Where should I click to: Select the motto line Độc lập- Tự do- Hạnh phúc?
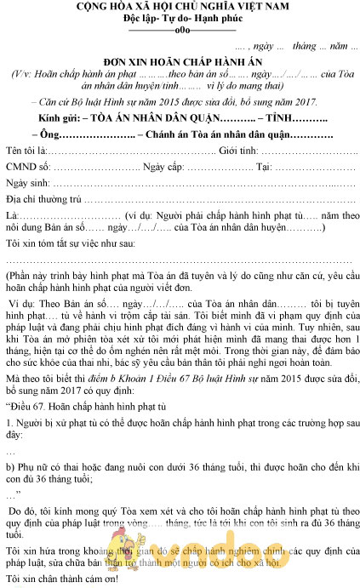(180, 20)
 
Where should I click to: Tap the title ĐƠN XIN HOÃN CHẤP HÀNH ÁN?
(180, 64)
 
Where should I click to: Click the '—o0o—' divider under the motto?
(180, 31)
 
